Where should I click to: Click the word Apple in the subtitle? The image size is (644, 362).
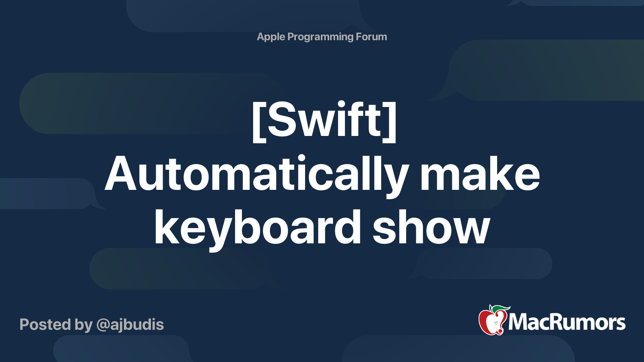270,37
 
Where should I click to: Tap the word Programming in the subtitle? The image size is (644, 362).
320,37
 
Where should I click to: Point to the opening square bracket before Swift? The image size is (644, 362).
259,121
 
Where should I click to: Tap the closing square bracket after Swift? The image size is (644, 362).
390,121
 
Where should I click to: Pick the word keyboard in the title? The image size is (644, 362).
258,228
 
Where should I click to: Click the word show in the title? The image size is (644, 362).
431,228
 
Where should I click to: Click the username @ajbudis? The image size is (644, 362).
130,325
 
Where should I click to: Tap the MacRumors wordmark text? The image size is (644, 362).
567,322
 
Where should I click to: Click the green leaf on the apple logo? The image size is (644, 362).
502,309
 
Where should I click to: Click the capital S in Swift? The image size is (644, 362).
283,120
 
